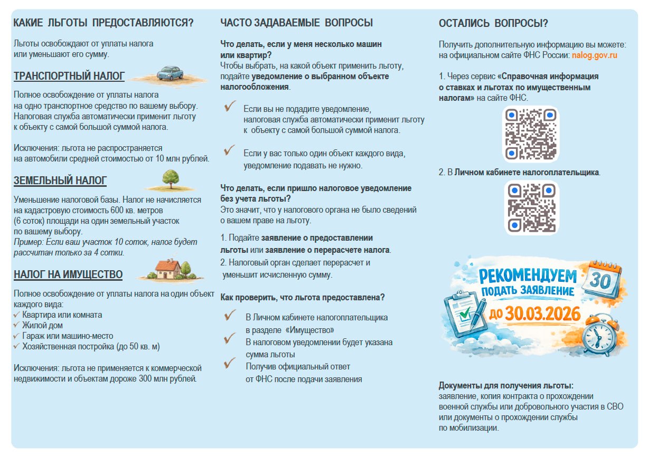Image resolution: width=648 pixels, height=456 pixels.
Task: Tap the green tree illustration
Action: point(170,179)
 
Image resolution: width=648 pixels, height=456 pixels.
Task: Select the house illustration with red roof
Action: point(169,269)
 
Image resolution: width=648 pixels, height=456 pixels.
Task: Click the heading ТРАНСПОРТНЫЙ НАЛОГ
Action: point(69,77)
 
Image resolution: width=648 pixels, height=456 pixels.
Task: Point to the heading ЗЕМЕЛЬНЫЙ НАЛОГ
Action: point(60,181)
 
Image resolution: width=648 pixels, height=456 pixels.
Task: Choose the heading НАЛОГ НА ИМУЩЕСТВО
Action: point(68,274)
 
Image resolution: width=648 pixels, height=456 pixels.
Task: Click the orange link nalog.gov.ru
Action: point(595,55)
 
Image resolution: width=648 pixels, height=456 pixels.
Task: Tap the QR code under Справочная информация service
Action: point(530,134)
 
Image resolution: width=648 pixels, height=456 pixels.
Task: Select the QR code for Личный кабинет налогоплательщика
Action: point(531,207)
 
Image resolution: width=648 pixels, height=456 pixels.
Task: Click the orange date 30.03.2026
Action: point(543,314)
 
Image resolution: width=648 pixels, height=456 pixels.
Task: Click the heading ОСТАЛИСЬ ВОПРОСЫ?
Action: point(493,23)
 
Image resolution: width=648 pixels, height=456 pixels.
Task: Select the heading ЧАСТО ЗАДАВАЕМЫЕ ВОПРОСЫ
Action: point(297,23)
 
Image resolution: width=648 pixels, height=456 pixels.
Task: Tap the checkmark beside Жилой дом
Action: point(17,326)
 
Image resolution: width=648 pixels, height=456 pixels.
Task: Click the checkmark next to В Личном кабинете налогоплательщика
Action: point(230,316)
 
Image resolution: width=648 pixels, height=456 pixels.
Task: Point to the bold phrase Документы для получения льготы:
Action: point(506,385)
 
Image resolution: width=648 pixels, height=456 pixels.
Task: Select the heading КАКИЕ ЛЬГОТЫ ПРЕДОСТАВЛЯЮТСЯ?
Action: point(104,23)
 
